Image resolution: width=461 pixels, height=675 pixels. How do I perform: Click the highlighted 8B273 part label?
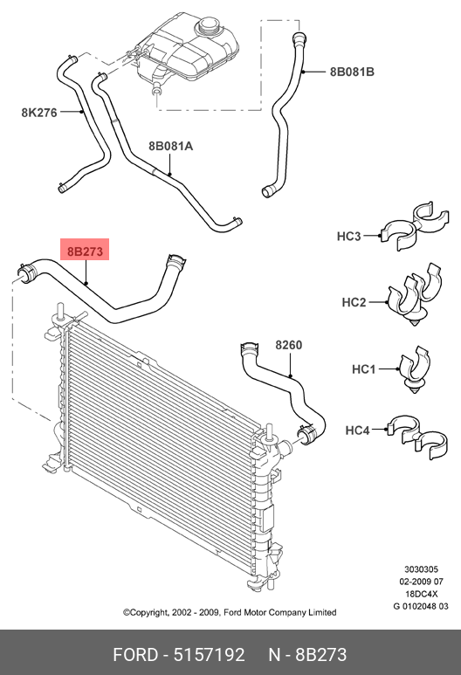coord(85,250)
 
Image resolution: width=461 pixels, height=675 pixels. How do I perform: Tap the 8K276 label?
coord(39,113)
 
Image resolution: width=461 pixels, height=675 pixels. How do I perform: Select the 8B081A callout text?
coord(171,146)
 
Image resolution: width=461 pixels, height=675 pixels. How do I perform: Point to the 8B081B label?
coord(352,72)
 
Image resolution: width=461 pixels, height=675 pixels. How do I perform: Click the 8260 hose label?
coord(288,345)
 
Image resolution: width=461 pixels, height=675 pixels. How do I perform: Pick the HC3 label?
coord(348,236)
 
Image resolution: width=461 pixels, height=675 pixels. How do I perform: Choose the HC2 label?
coord(354,302)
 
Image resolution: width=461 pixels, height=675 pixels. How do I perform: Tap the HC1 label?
coord(364,368)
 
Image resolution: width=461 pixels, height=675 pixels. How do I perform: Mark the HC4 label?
coord(357,430)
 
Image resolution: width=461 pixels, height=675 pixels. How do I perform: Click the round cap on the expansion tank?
coord(210,27)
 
